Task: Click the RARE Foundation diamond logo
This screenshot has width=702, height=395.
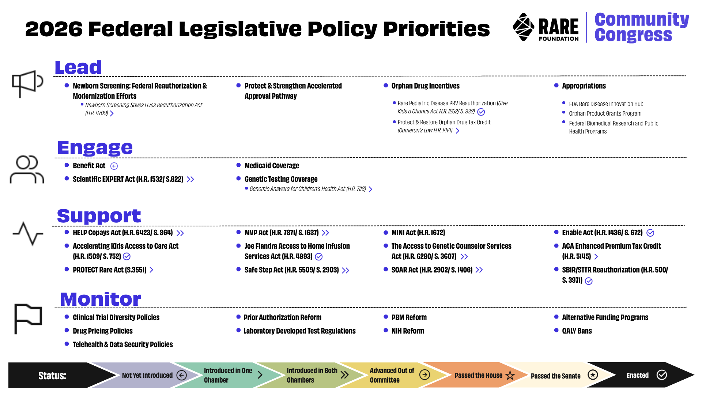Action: coord(524,27)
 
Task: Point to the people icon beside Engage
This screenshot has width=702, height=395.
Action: coord(27,169)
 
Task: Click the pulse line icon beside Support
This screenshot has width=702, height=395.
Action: coord(28,233)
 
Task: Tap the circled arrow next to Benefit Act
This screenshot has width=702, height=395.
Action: coord(114,166)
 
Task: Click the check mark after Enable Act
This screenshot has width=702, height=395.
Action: coord(650,233)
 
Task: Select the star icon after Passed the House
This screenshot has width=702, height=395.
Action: coord(510,375)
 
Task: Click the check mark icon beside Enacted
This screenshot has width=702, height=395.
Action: coord(662,375)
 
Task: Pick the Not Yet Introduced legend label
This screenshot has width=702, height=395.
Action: coord(147,375)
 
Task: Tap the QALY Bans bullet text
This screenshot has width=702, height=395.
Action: coord(577,331)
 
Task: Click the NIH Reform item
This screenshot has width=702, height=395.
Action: coord(408,331)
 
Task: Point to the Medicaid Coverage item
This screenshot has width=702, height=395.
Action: coord(272,166)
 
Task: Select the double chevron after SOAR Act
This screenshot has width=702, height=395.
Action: coord(479,270)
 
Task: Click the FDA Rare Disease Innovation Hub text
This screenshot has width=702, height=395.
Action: coord(606,104)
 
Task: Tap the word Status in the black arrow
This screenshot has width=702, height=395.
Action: coord(52,376)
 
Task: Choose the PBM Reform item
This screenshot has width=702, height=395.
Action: coord(409,317)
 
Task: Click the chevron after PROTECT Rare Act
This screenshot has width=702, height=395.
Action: coord(151,270)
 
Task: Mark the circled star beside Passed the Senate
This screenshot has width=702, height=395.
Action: coord(593,375)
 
